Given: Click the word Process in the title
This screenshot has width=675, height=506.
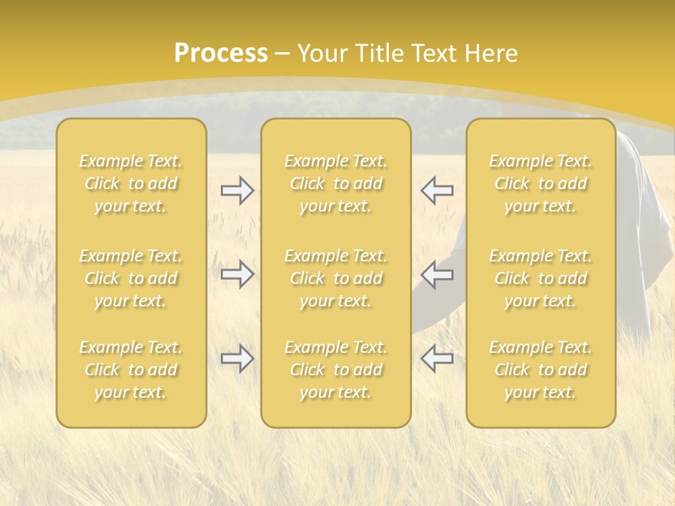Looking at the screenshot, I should pos(221,53).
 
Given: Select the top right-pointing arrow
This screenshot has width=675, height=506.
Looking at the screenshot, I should pos(237,190).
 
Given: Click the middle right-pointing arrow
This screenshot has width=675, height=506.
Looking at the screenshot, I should pos(237,274).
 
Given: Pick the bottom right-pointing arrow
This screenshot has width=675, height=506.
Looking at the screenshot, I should pos(237,358).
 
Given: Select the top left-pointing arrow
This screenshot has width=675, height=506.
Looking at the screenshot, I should pos(437,190).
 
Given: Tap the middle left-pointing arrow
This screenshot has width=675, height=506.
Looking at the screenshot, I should pos(437,274).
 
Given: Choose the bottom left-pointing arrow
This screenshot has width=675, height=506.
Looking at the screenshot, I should pos(437,358).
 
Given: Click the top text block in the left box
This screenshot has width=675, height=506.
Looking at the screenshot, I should pos(131,183).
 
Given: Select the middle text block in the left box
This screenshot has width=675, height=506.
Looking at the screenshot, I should pos(131,278).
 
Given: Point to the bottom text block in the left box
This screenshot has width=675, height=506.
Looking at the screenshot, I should pos(131,370).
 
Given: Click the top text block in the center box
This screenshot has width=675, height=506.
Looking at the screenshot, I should pos(335,183).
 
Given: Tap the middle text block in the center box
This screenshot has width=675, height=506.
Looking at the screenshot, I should pos(335,278).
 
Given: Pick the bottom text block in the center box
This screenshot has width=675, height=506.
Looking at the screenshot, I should pos(335,370).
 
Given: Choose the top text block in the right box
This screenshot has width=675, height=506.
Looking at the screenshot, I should pos(541,183).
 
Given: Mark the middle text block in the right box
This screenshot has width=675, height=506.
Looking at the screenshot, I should pos(541,278).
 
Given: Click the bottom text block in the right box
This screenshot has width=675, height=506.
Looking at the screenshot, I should pos(541,370).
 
